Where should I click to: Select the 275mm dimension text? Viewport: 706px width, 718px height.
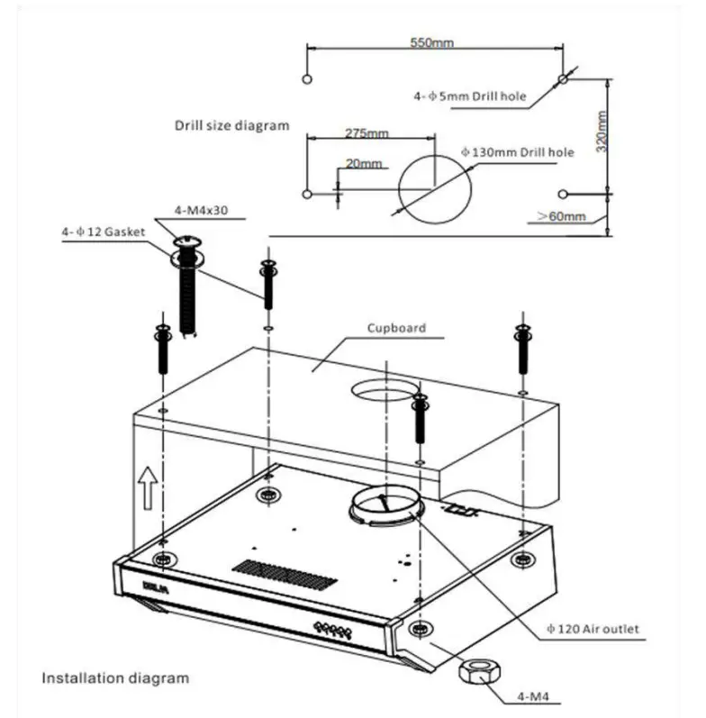367,133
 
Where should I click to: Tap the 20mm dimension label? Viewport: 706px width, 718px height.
364,164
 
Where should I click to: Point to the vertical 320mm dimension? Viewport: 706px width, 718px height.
602,132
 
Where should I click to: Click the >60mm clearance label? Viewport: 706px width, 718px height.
561,217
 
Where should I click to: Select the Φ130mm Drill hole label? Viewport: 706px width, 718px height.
517,152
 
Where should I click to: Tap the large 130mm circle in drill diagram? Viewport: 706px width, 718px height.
433,186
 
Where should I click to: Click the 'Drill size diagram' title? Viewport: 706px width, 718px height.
231,125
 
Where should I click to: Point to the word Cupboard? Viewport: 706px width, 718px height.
396,329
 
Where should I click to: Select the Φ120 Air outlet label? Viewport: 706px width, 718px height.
590,628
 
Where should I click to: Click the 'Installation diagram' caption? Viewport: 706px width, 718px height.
116,677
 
